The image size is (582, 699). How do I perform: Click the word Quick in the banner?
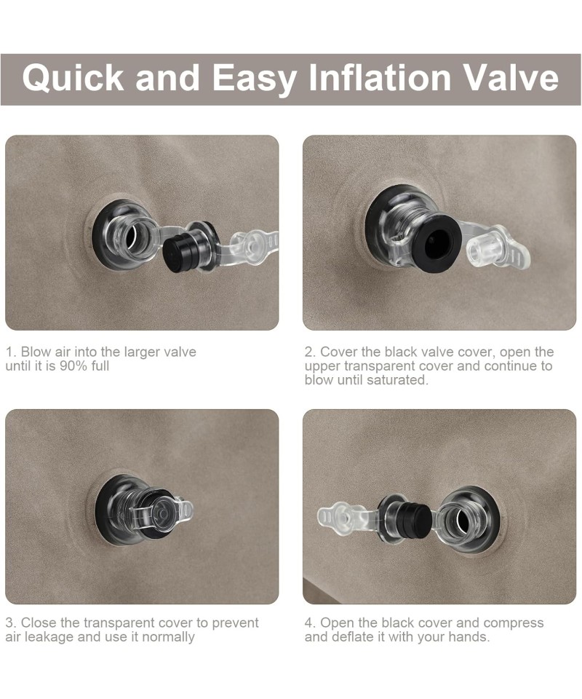click(x=73, y=79)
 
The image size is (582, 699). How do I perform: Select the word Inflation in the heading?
click(x=380, y=78)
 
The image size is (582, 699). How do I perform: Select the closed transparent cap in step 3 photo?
click(x=162, y=513)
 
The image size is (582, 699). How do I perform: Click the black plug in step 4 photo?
click(x=415, y=521)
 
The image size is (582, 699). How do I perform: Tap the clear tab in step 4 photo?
click(x=340, y=517)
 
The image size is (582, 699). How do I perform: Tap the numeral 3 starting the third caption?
click(x=9, y=623)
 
